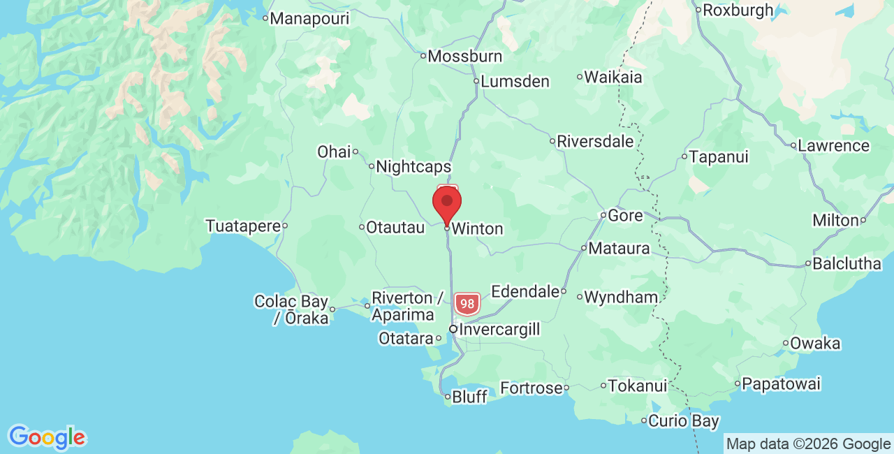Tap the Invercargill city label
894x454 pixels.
(x=499, y=329)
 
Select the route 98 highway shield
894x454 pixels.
(x=467, y=304)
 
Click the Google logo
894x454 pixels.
(x=47, y=438)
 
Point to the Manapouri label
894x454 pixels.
(x=309, y=19)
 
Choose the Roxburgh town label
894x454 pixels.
(x=738, y=10)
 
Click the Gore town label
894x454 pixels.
(x=625, y=215)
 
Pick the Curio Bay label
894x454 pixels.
(x=684, y=421)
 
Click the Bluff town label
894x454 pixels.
(x=469, y=397)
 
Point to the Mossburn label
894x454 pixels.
(x=464, y=56)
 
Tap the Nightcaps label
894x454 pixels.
(x=413, y=168)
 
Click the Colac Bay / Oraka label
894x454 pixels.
(x=291, y=309)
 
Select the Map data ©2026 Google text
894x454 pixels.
(x=808, y=444)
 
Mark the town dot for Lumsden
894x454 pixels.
(x=476, y=81)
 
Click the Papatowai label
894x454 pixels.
(x=781, y=383)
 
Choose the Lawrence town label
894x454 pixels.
(x=833, y=146)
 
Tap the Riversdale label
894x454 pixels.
(x=595, y=142)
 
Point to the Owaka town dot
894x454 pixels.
(x=786, y=343)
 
